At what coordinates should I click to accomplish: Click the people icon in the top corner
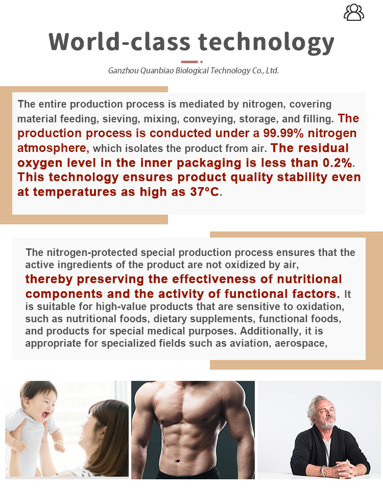click(353, 12)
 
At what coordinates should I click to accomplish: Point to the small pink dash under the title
click(189, 62)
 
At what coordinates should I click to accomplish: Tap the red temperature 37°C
click(200, 193)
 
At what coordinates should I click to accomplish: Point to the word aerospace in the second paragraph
click(301, 343)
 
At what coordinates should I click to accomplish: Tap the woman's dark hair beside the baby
click(110, 423)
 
